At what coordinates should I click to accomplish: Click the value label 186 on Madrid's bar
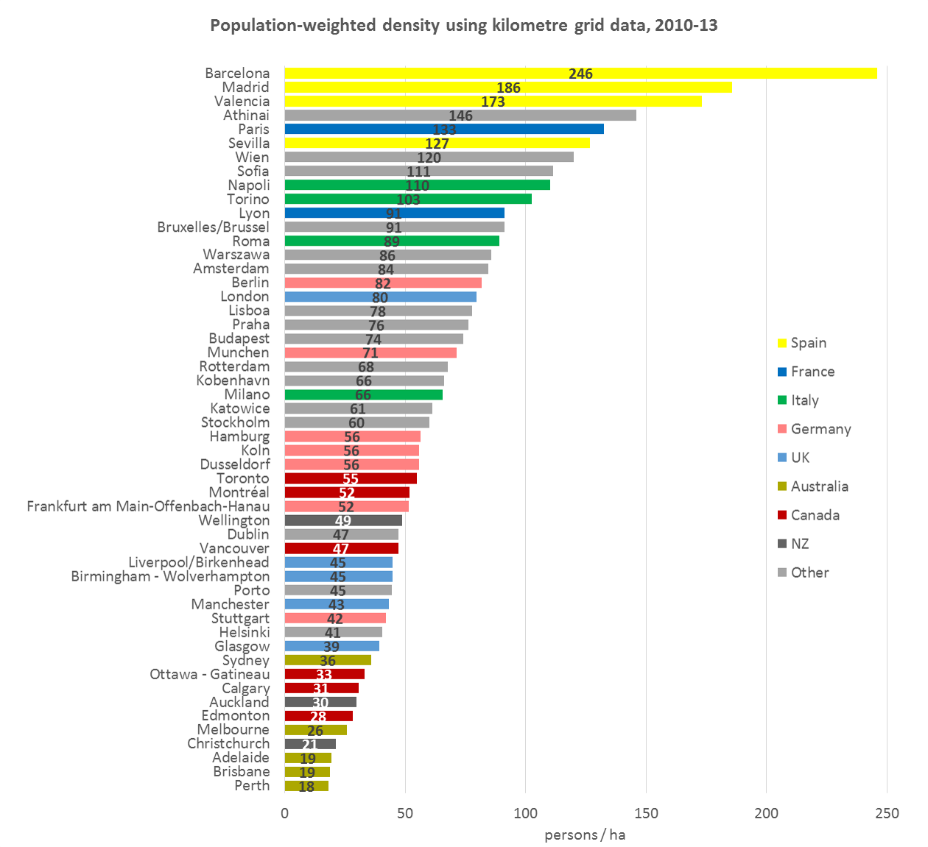tap(508, 88)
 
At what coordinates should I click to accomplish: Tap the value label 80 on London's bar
tap(380, 298)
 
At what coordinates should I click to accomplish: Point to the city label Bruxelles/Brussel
tap(213, 227)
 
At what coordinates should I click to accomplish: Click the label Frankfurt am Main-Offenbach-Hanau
tap(148, 507)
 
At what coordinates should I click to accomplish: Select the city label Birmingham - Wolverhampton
tap(170, 577)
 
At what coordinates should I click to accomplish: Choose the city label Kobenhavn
tap(233, 381)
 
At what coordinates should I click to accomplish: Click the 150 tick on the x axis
tap(646, 813)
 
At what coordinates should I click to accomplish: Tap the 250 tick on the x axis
tap(887, 813)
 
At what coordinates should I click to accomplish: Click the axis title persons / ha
tap(585, 835)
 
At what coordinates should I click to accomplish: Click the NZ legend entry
tap(799, 545)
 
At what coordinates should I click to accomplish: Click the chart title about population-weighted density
tap(464, 26)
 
